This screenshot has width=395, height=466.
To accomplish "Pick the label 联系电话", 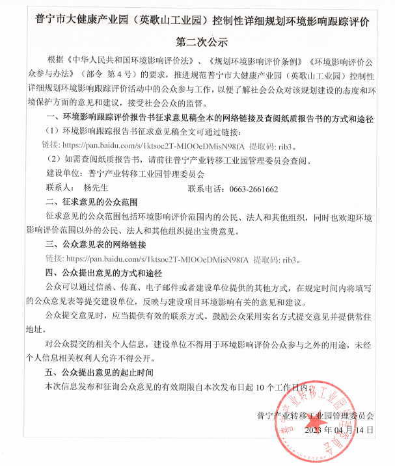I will pos(206,189).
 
